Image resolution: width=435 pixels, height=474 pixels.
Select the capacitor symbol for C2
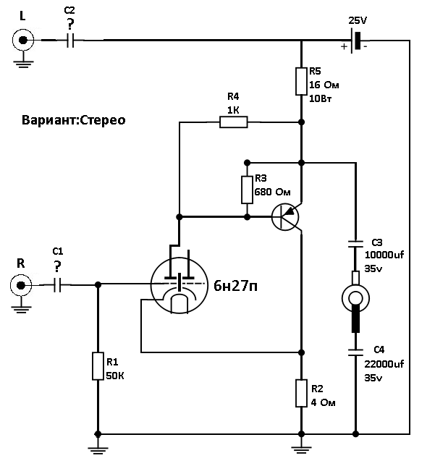coord(70,41)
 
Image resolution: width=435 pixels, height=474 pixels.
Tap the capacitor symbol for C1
coord(57,284)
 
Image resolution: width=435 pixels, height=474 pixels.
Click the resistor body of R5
coord(301,81)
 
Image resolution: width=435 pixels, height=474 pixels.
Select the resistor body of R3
coord(248,190)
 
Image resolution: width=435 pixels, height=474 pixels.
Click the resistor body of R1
coord(98,365)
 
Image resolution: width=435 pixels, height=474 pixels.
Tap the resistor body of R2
coord(301,393)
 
